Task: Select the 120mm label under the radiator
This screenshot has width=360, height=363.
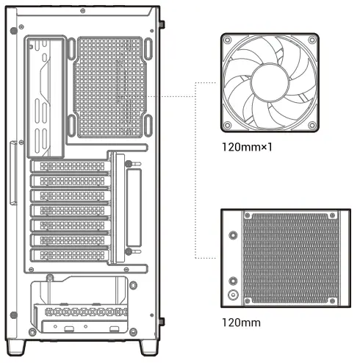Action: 240,322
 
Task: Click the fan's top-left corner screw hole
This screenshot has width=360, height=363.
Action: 229,40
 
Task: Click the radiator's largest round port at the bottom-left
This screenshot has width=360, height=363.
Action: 234,295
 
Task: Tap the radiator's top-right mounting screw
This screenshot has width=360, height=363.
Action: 339,216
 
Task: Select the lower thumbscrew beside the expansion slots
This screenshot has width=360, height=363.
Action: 129,252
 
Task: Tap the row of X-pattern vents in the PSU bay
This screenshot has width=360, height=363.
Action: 84,312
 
